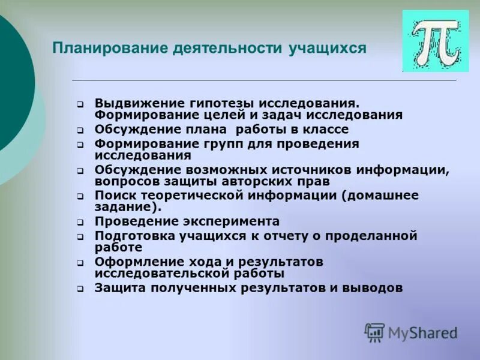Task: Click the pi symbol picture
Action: point(435,41)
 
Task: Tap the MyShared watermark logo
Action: point(411,332)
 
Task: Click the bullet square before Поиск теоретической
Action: point(80,197)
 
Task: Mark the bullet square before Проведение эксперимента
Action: point(80,223)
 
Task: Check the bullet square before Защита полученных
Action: point(80,289)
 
